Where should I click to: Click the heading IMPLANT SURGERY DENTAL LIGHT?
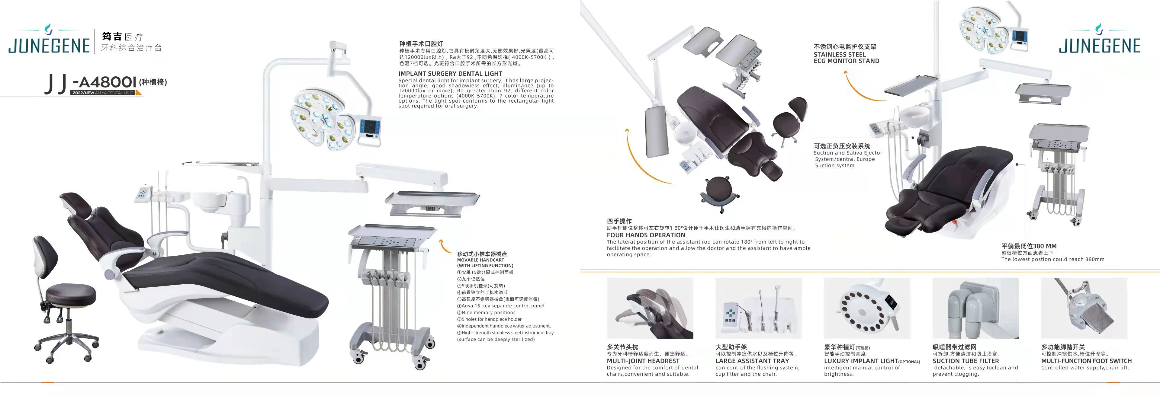pyautogui.click(x=450, y=73)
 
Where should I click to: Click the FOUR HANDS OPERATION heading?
pyautogui.click(x=646, y=235)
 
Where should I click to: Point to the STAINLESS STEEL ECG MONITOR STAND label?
pyautogui.click(x=846, y=58)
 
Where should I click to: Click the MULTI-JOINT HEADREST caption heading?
pyautogui.click(x=643, y=361)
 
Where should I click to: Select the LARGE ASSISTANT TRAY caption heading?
pyautogui.click(x=752, y=361)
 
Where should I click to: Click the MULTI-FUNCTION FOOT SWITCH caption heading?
pyautogui.click(x=1086, y=361)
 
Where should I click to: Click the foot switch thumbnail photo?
pyautogui.click(x=1084, y=308)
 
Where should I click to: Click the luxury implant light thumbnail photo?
pyautogui.click(x=867, y=308)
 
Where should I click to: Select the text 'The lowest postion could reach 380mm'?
pyautogui.click(x=1052, y=259)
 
